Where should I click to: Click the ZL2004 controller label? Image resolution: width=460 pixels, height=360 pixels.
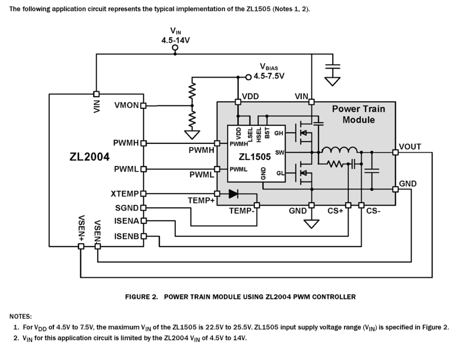pos(89,157)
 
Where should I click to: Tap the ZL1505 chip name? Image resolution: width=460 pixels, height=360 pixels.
pos(255,157)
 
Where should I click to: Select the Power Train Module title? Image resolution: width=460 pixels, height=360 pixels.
pos(358,114)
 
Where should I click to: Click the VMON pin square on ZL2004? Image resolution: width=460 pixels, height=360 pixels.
pos(144,106)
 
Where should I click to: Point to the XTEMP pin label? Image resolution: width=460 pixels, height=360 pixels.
pos(125,193)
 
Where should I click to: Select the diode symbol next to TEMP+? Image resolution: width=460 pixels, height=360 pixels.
pos(233,194)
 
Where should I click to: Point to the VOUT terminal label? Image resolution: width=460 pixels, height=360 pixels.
pos(410,147)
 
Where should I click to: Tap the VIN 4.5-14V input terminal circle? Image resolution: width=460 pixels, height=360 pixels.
pos(175,48)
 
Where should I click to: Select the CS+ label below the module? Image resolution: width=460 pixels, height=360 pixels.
pos(335,211)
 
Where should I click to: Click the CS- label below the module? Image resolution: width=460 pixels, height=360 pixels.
pos(373,211)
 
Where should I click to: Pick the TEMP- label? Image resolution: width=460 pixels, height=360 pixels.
pos(241,211)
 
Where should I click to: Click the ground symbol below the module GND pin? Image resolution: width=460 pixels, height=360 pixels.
pos(312,223)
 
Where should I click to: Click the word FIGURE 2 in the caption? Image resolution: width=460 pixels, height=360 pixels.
pos(141,297)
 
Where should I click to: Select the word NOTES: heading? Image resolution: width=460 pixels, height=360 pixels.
pos(21,316)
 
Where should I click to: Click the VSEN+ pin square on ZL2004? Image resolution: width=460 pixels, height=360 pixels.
pos(81,246)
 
